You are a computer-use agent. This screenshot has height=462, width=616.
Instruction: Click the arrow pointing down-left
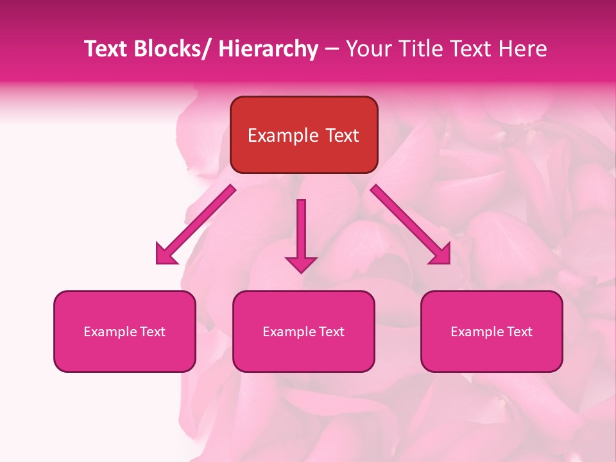(x=196, y=225)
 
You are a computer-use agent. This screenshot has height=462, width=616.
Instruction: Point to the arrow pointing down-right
(x=411, y=225)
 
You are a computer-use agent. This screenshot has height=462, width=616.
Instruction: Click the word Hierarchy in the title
(x=268, y=49)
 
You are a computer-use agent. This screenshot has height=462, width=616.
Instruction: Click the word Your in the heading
(x=366, y=49)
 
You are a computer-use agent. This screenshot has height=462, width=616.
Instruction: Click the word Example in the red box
(x=282, y=135)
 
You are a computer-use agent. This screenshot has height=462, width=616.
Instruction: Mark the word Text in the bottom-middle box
(x=330, y=332)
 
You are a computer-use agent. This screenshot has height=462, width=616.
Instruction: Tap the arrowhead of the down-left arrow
(x=166, y=255)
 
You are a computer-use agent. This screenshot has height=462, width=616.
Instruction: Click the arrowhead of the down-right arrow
(x=441, y=255)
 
